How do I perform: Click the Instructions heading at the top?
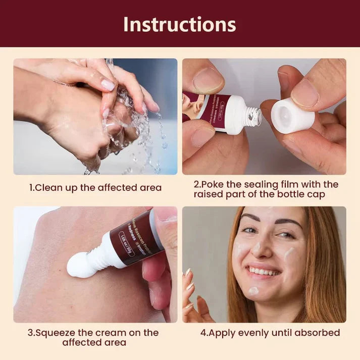pyautogui.click(x=180, y=24)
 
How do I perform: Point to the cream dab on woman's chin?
pyautogui.click(x=253, y=291)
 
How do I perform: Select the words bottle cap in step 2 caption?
pyautogui.click(x=310, y=194)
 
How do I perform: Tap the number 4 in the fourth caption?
pyautogui.click(x=203, y=333)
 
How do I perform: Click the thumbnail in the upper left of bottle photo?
pyautogui.click(x=207, y=80)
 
